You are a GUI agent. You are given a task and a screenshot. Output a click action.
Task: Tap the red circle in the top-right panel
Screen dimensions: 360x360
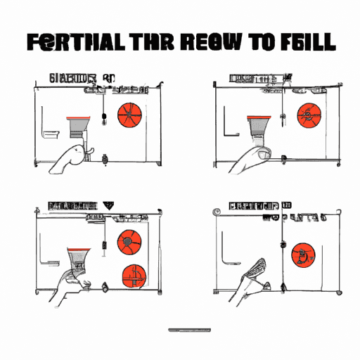(307, 114)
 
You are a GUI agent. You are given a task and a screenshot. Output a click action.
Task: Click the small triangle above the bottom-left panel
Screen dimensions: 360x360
(108, 206)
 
